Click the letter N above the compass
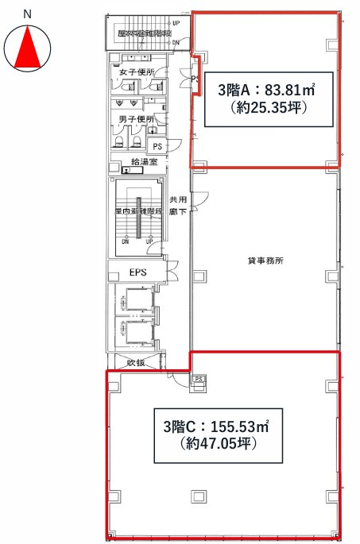click(x=27, y=14)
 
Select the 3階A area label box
click(x=263, y=98)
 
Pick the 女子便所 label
click(x=134, y=73)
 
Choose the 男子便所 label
click(x=134, y=120)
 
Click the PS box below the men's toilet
click(x=157, y=147)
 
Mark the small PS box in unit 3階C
click(x=199, y=380)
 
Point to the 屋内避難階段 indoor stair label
click(x=138, y=212)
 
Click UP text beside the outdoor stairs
click(x=175, y=23)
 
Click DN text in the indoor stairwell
click(x=125, y=241)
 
